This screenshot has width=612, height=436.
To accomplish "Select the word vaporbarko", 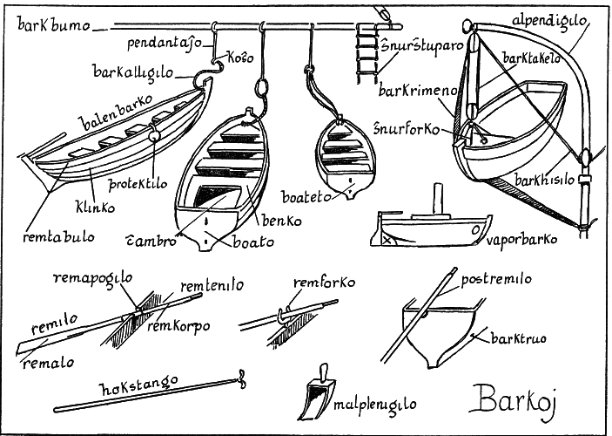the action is (x=521, y=239).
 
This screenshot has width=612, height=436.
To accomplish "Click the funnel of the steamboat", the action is (x=438, y=199).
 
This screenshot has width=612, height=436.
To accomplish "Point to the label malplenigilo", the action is (x=374, y=404).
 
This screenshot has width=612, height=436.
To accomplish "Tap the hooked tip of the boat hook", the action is (x=242, y=379).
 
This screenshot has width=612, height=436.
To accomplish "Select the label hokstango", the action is (x=139, y=385).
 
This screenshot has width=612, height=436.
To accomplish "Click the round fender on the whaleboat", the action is (x=154, y=135).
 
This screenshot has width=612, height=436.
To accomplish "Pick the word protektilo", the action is (x=138, y=184).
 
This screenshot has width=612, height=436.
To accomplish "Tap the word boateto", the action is (x=306, y=197).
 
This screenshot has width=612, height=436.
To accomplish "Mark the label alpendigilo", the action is (x=549, y=20).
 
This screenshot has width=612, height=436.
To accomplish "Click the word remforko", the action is (x=324, y=282).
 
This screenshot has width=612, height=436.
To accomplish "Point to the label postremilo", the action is (x=496, y=279).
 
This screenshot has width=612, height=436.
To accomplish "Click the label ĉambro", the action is (x=151, y=241).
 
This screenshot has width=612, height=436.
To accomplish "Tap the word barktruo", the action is (x=518, y=337).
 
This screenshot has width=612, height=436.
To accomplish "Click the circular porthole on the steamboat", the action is (x=475, y=230).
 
